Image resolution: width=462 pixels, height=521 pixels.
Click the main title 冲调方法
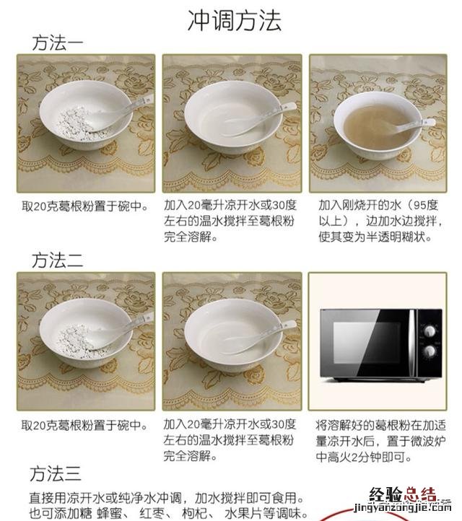point(235,21)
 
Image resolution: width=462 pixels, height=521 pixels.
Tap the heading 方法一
point(58,43)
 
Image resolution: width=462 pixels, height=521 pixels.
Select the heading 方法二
point(58,260)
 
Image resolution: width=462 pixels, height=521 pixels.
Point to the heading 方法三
point(56,473)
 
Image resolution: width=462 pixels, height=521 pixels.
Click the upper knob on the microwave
point(430,330)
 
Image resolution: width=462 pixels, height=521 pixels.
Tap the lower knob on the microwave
point(430,351)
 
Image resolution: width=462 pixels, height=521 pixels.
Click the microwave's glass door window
point(367,343)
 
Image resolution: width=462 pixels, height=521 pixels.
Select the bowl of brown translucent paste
point(378,126)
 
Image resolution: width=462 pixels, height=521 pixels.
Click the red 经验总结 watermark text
point(403,495)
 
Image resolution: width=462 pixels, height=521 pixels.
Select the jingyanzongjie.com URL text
point(403,507)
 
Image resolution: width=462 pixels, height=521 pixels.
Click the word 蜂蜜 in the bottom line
point(109,513)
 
